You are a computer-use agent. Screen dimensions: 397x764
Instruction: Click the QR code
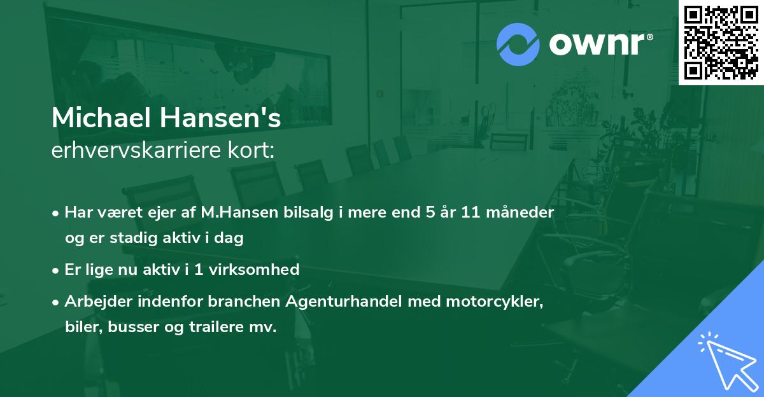[721, 42]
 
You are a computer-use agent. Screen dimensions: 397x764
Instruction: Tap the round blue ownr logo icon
[518, 45]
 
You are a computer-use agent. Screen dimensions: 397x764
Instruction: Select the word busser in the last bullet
[127, 328]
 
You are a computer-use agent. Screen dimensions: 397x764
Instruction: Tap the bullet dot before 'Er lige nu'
[56, 270]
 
